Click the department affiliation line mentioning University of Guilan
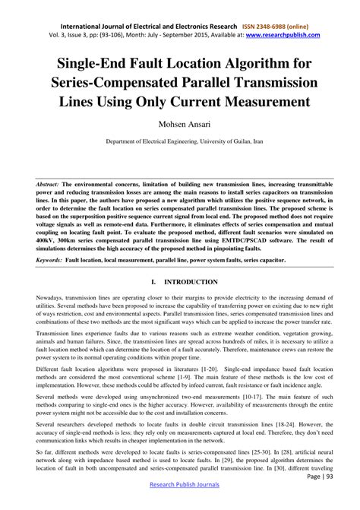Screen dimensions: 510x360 (179, 141)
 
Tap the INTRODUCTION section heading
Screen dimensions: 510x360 (190, 282)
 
